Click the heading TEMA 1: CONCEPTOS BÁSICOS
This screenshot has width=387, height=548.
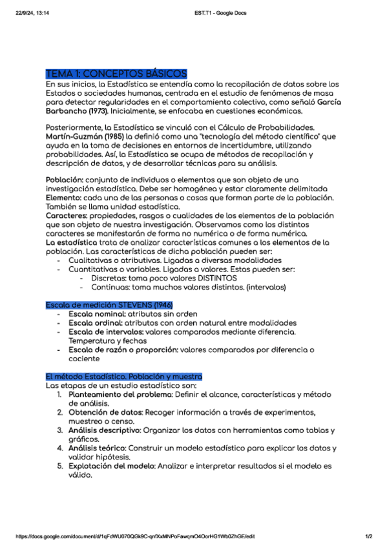[116, 74]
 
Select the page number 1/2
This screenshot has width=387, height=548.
[369, 536]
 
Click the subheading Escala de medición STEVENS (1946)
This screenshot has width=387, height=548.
[109, 304]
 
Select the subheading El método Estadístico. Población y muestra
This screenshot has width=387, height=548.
[124, 376]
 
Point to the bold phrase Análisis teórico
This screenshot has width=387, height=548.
[96, 447]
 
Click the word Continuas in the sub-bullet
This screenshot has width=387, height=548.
[110, 287]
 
